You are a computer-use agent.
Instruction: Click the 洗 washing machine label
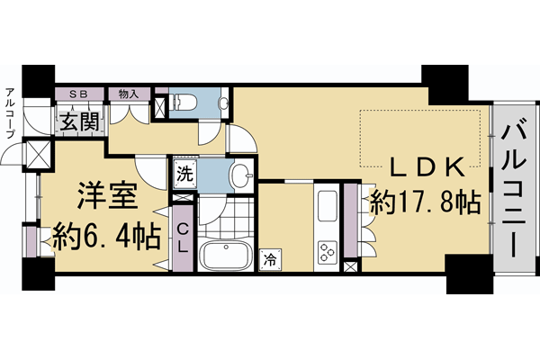(x=183, y=173)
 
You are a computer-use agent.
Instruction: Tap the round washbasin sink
(x=240, y=173)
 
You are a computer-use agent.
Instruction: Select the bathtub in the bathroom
(x=225, y=256)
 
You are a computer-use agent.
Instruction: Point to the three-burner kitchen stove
(x=326, y=249)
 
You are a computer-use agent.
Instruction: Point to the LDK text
(x=427, y=168)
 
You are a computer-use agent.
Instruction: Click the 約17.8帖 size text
(x=427, y=202)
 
